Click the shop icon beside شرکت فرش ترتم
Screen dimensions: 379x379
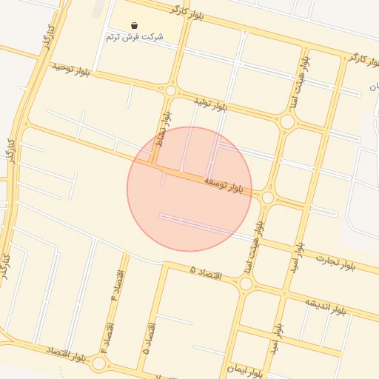(x=133, y=25)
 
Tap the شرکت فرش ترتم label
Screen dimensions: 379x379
(x=133, y=37)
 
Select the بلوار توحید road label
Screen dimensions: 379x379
(x=70, y=69)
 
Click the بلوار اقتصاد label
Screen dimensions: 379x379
(x=67, y=354)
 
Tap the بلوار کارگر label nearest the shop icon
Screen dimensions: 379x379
(x=185, y=10)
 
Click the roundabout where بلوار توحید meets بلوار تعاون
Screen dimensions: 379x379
(x=171, y=90)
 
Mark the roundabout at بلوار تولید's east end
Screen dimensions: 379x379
(x=287, y=121)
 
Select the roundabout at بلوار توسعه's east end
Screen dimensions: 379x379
(x=268, y=198)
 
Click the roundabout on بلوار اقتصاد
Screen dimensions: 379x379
(x=98, y=363)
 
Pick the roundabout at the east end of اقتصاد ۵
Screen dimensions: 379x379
(x=246, y=284)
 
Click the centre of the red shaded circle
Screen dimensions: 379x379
(x=189, y=189)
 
